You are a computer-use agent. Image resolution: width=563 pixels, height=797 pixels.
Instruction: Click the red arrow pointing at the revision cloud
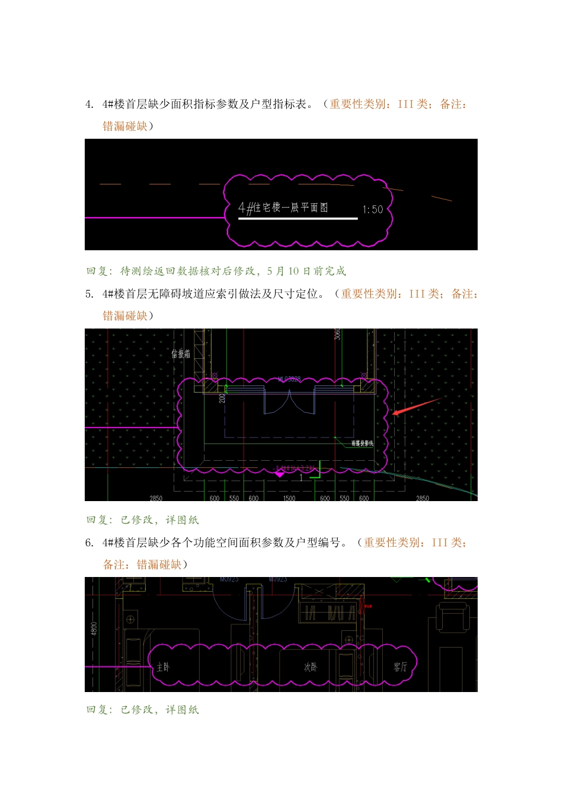[415, 407]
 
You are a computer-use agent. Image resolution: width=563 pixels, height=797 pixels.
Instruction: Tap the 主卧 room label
[163, 667]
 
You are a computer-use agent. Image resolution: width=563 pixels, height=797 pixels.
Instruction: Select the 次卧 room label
[311, 667]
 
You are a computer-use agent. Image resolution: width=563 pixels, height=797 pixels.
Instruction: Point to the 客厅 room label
[401, 667]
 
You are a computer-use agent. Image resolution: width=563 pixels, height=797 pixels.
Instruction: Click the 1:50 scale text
[373, 209]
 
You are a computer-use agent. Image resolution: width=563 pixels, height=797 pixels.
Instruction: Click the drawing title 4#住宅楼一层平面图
[283, 208]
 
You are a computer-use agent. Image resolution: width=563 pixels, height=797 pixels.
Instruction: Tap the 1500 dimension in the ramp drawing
[289, 498]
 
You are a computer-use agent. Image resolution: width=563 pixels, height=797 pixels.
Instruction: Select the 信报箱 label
[181, 354]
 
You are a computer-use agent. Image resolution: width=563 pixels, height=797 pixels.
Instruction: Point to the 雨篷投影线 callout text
[362, 444]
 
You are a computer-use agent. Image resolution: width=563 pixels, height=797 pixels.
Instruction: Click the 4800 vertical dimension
[94, 628]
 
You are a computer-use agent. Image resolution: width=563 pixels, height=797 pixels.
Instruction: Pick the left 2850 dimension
[156, 498]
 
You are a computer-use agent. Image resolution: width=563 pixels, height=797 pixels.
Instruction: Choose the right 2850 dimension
[423, 498]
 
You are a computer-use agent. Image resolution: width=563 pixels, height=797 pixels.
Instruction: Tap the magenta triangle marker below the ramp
[280, 474]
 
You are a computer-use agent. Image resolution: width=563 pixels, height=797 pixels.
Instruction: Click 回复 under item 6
[98, 710]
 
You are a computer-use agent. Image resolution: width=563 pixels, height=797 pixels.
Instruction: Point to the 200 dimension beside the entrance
[222, 398]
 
